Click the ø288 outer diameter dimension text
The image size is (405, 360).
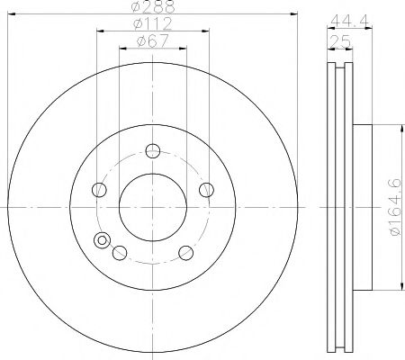pyautogui.click(x=152, y=7)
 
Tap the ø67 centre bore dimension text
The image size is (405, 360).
pyautogui.click(x=152, y=40)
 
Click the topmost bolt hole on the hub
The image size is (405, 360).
pyautogui.click(x=152, y=150)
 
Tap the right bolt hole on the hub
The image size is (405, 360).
pyautogui.click(x=206, y=189)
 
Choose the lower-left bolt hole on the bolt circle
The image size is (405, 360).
pyautogui.click(x=119, y=253)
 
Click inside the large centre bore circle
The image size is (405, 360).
pyautogui.click(x=152, y=206)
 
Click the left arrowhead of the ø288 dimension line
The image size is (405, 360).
pyautogui.click(x=10, y=14)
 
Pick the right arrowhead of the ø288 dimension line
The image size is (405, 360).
pyautogui.click(x=293, y=14)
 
